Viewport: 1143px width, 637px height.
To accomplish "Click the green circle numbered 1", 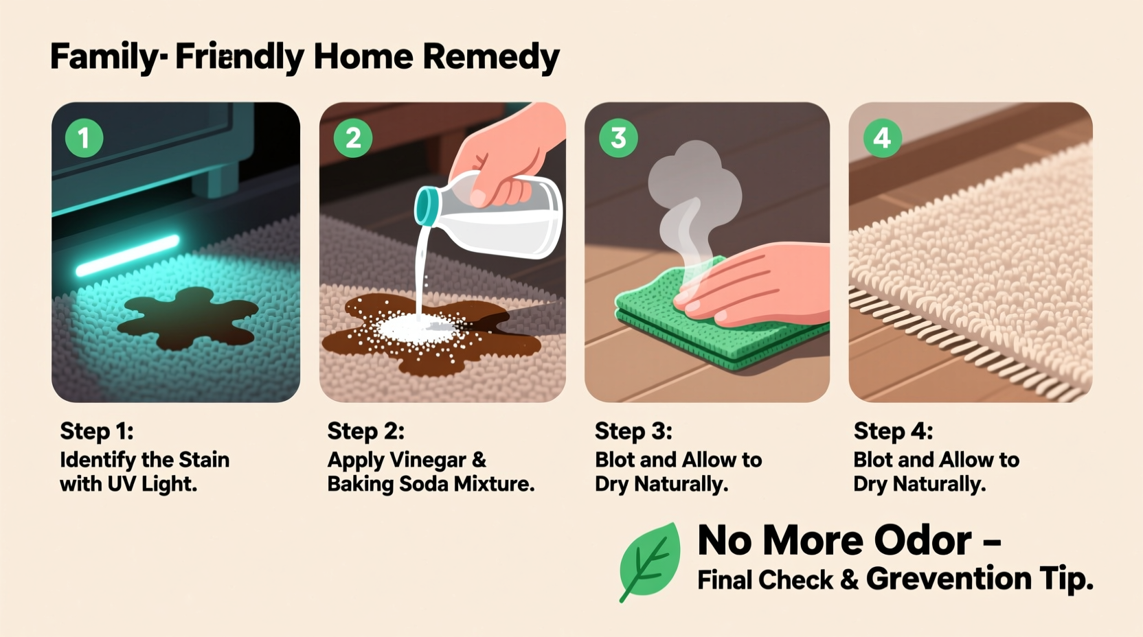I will [84, 138].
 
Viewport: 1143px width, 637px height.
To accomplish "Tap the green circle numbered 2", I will [353, 138].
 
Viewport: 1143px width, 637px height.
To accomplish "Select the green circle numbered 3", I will [618, 138].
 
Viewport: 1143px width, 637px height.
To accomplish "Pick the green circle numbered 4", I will [882, 138].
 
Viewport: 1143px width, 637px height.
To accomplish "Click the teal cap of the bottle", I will [427, 206].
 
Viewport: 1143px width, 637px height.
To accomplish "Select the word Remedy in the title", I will [490, 56].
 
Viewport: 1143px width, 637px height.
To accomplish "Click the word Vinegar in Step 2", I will [428, 460].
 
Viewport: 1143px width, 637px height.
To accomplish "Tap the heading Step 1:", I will [97, 431].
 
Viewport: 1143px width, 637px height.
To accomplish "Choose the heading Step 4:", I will [893, 431].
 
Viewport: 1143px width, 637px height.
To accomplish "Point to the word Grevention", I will [949, 579].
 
